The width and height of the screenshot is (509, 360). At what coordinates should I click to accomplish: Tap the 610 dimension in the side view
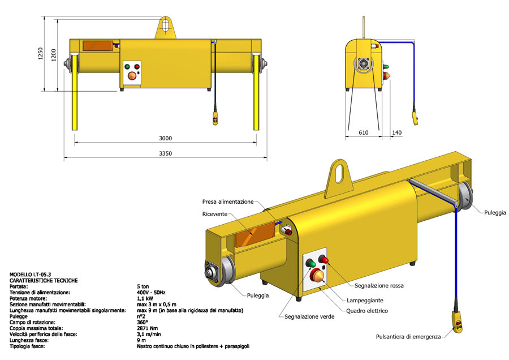(x=363, y=132)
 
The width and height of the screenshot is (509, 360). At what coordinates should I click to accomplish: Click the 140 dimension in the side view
(x=397, y=132)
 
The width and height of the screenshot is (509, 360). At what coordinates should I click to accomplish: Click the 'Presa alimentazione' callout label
(x=228, y=202)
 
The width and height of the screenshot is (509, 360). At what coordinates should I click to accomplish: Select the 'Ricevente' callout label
(x=215, y=214)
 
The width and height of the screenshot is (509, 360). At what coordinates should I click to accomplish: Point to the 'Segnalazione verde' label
(x=309, y=316)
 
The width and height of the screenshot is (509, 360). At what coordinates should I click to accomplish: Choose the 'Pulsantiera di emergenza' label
(x=408, y=337)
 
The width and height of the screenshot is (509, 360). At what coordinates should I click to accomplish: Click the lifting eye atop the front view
(x=165, y=25)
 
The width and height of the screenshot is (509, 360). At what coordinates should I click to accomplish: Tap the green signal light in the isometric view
(x=310, y=263)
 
